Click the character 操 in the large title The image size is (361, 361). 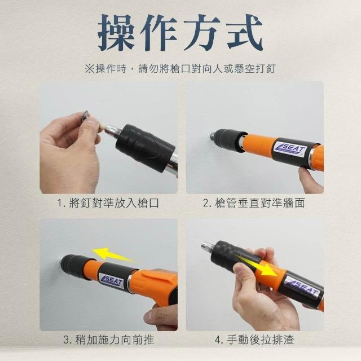pos(117,33)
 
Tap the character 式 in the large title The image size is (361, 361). pos(245,33)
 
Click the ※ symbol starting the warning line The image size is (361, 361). pos(90,69)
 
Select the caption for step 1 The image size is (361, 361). pos(108,203)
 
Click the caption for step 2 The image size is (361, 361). pos(254,203)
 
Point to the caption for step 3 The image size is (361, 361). pos(108,340)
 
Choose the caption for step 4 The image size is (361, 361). pos(254,340)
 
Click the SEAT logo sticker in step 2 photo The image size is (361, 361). pos(291,149)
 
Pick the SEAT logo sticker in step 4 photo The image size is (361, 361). pos(302,287)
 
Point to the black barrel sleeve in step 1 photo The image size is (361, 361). pos(144,147)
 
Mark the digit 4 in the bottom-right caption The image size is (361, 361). pos(218,340)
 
